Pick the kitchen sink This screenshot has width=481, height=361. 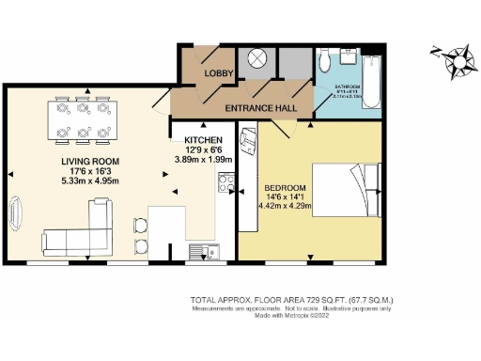[200, 250]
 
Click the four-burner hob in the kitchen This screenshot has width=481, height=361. [226, 187]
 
